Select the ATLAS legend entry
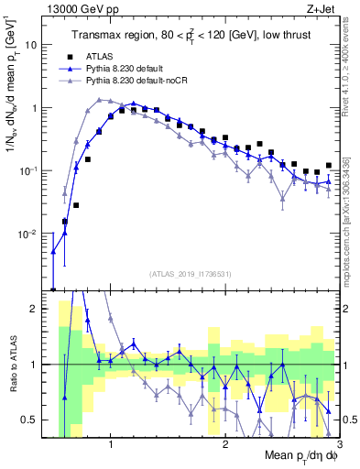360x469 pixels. click(x=111, y=55)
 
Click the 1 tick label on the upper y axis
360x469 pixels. click(x=39, y=108)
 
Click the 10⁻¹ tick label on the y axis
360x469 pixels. click(x=34, y=170)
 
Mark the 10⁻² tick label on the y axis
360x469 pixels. click(x=34, y=234)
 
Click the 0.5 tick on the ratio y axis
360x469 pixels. click(x=36, y=420)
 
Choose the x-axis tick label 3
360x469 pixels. click(x=338, y=444)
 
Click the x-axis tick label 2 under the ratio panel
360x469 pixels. click(x=225, y=444)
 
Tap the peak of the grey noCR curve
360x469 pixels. click(x=101, y=99)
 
